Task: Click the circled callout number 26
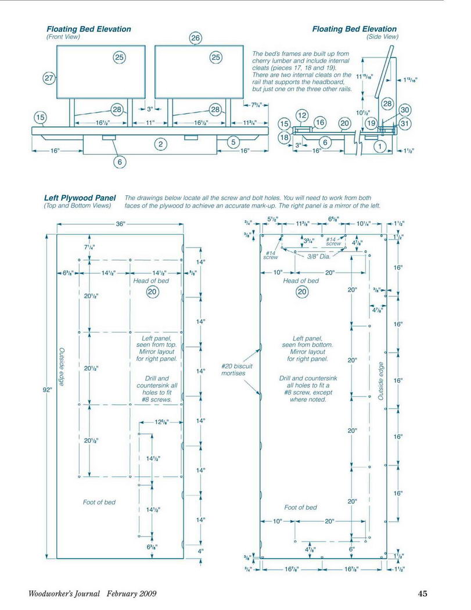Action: [196, 38]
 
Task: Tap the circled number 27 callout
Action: [48, 78]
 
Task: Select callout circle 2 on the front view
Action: [161, 144]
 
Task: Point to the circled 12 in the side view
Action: [302, 116]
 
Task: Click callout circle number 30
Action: [405, 110]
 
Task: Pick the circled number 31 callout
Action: [405, 124]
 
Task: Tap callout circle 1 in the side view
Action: [380, 146]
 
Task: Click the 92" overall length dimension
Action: [48, 389]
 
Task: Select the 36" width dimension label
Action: [121, 224]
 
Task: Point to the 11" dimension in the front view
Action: [150, 123]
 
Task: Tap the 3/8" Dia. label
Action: [319, 257]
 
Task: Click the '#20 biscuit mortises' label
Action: [236, 369]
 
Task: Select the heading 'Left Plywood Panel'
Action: [80, 198]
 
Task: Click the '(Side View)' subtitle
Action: [382, 37]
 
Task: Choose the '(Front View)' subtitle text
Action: [63, 37]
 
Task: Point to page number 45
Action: [422, 594]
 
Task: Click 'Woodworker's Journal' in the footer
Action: [64, 594]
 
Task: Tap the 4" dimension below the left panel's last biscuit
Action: [200, 551]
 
